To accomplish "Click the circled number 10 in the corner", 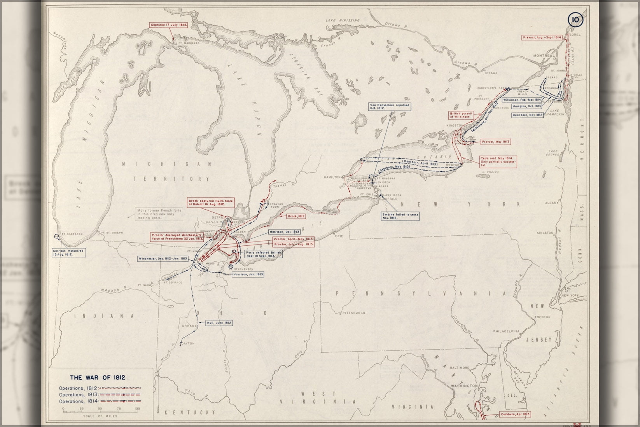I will pos(575,19).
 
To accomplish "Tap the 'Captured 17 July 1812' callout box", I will pos(169,25).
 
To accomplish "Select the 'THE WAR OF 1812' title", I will pos(97,377).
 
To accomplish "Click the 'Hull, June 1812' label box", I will pos(219,323).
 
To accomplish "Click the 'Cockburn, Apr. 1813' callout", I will pos(515,414).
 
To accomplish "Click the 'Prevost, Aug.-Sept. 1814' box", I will pos(547,38).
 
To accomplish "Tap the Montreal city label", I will pos(544,56).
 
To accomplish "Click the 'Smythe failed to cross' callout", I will pos(400,216).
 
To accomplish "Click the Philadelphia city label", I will pos(506,331).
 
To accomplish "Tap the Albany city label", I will pos(552,203).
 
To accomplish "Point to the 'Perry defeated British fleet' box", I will pos(263,254).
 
